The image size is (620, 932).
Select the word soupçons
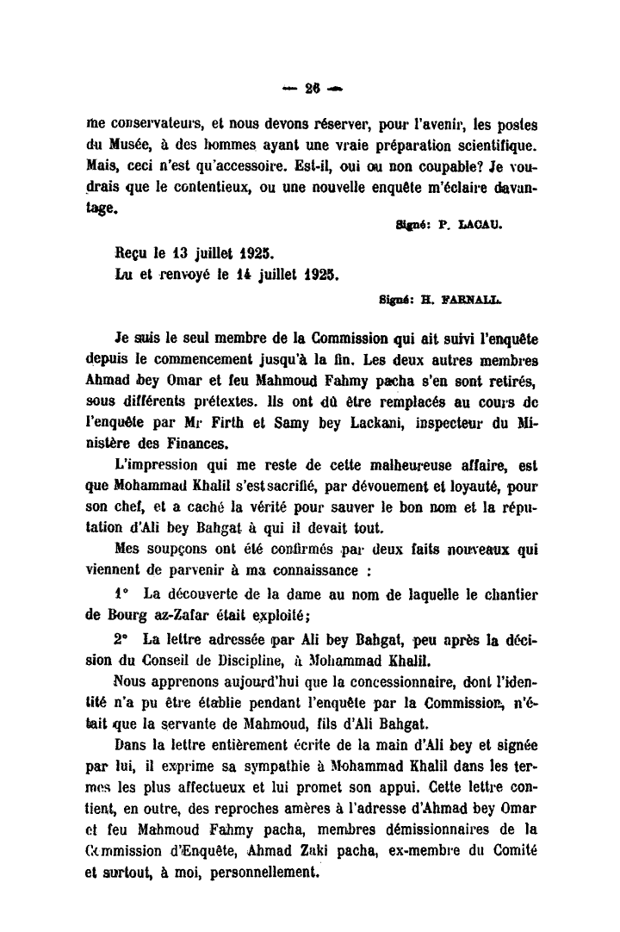(174, 548)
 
